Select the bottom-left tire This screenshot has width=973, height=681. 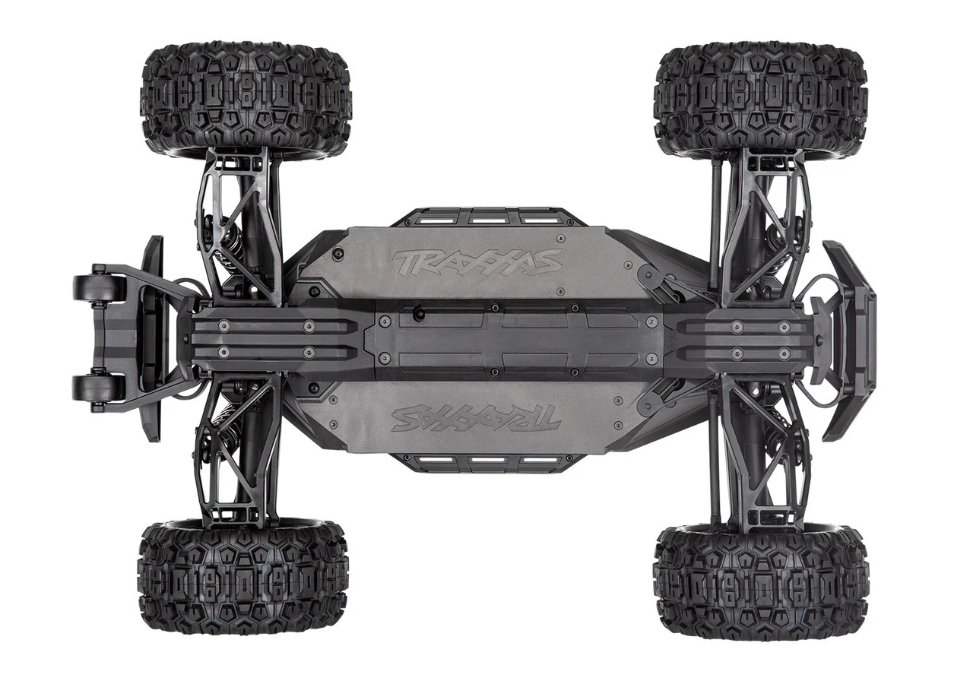(243, 578)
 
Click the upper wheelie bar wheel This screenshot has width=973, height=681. (99, 288)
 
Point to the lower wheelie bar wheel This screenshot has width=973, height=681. (99, 388)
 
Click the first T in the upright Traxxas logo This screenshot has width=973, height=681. (407, 262)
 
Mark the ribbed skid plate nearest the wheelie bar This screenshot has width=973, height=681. (266, 339)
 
